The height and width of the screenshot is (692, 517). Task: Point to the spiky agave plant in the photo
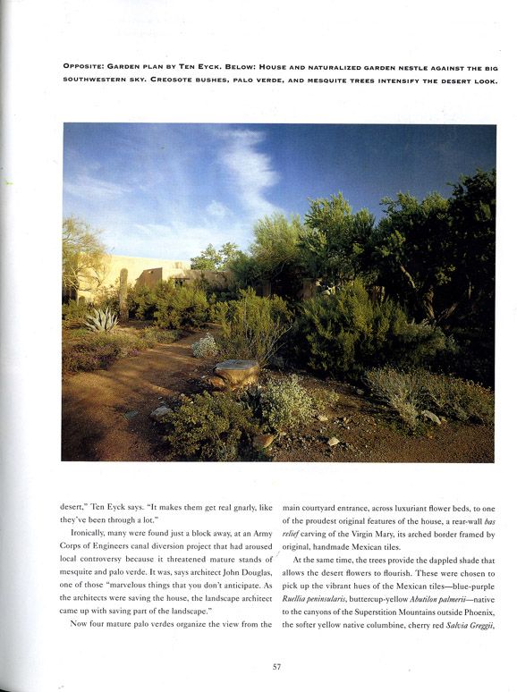point(101,319)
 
